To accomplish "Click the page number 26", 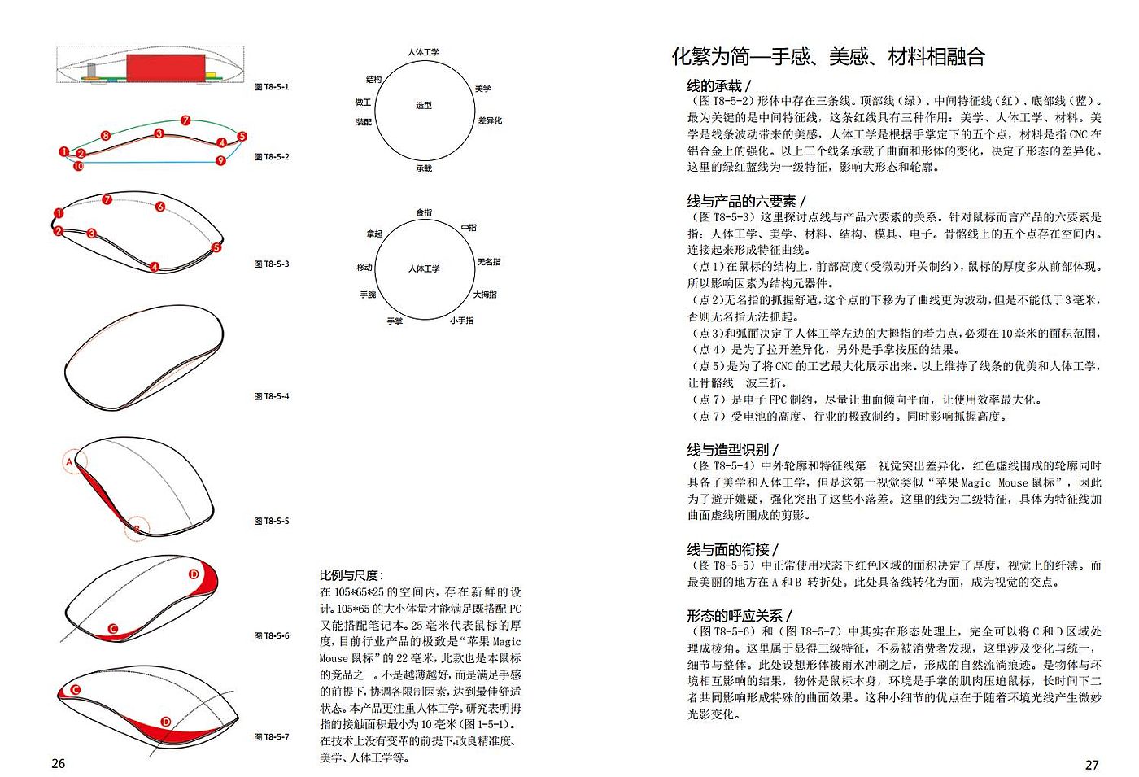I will pyautogui.click(x=59, y=763).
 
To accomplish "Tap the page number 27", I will pyautogui.click(x=1092, y=764).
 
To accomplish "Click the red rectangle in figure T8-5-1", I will pyautogui.click(x=165, y=68).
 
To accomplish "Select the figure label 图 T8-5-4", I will pyautogui.click(x=272, y=396).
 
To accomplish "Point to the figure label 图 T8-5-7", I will pyautogui.click(x=272, y=737).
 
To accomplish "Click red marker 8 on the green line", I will pyautogui.click(x=106, y=135).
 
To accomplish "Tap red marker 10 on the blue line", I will pyautogui.click(x=78, y=166).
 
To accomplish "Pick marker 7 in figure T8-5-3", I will pyautogui.click(x=107, y=199).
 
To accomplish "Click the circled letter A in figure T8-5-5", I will pyautogui.click(x=70, y=462).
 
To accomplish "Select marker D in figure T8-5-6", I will pyautogui.click(x=194, y=574).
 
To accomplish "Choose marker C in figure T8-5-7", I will pyautogui.click(x=75, y=690).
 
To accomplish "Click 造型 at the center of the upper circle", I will pyautogui.click(x=424, y=106).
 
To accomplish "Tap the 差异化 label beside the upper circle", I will pyautogui.click(x=490, y=120).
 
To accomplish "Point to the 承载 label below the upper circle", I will pyautogui.click(x=424, y=168).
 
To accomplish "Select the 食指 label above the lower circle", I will pyautogui.click(x=424, y=212).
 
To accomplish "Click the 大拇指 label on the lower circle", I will pyautogui.click(x=485, y=295).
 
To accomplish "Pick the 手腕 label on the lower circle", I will pyautogui.click(x=369, y=295).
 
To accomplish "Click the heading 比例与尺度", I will pyautogui.click(x=351, y=575).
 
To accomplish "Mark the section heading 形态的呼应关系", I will pyautogui.click(x=737, y=615).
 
